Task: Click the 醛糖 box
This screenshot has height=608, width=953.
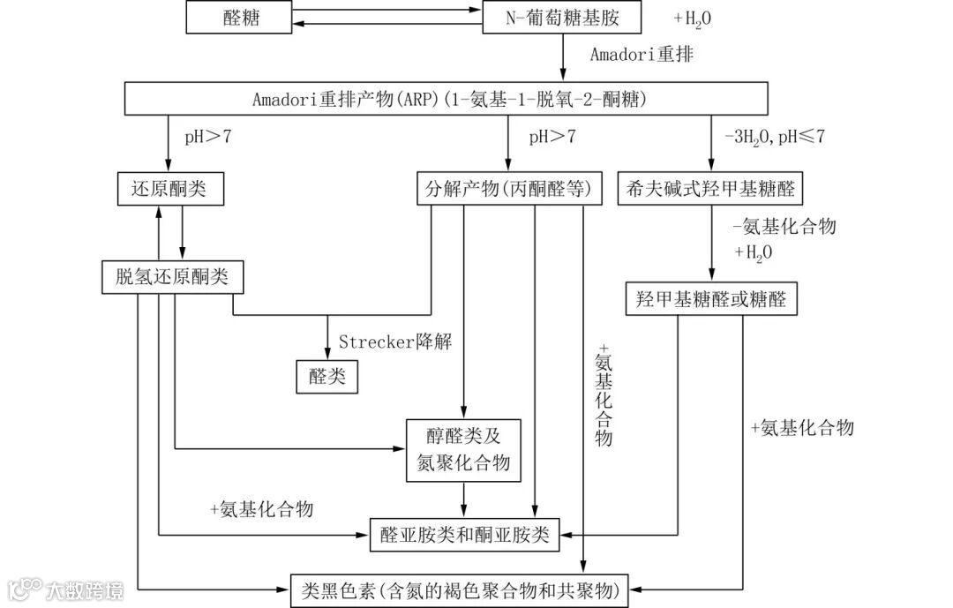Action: pos(241,16)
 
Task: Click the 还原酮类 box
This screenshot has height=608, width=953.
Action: pos(168,188)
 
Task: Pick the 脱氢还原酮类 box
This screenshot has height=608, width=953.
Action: pos(172,277)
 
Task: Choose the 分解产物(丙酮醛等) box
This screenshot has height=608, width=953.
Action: pos(508,188)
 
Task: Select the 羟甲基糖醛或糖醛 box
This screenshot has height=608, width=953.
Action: pos(711,299)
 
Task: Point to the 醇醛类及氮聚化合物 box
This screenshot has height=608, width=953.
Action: pos(464,450)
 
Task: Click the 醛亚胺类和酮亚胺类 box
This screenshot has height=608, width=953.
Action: pos(464,534)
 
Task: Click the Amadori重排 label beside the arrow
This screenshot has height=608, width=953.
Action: pos(642,55)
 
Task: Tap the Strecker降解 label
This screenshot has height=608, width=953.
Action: pos(395,342)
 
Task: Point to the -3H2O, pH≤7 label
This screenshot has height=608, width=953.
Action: pos(775,137)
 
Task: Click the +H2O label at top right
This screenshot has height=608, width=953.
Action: pos(693,18)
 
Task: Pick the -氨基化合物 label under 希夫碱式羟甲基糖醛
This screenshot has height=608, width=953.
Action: pos(784,227)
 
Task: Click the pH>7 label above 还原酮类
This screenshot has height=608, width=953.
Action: pos(208,137)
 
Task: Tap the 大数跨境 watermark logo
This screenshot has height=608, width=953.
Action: pos(66,589)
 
